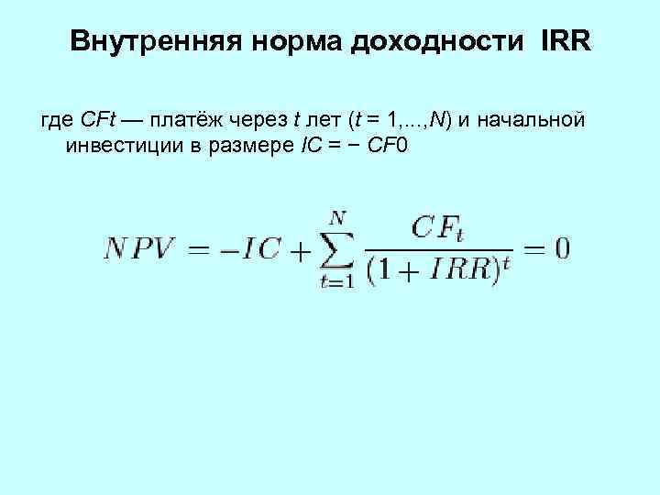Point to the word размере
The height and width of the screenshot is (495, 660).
point(248,146)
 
